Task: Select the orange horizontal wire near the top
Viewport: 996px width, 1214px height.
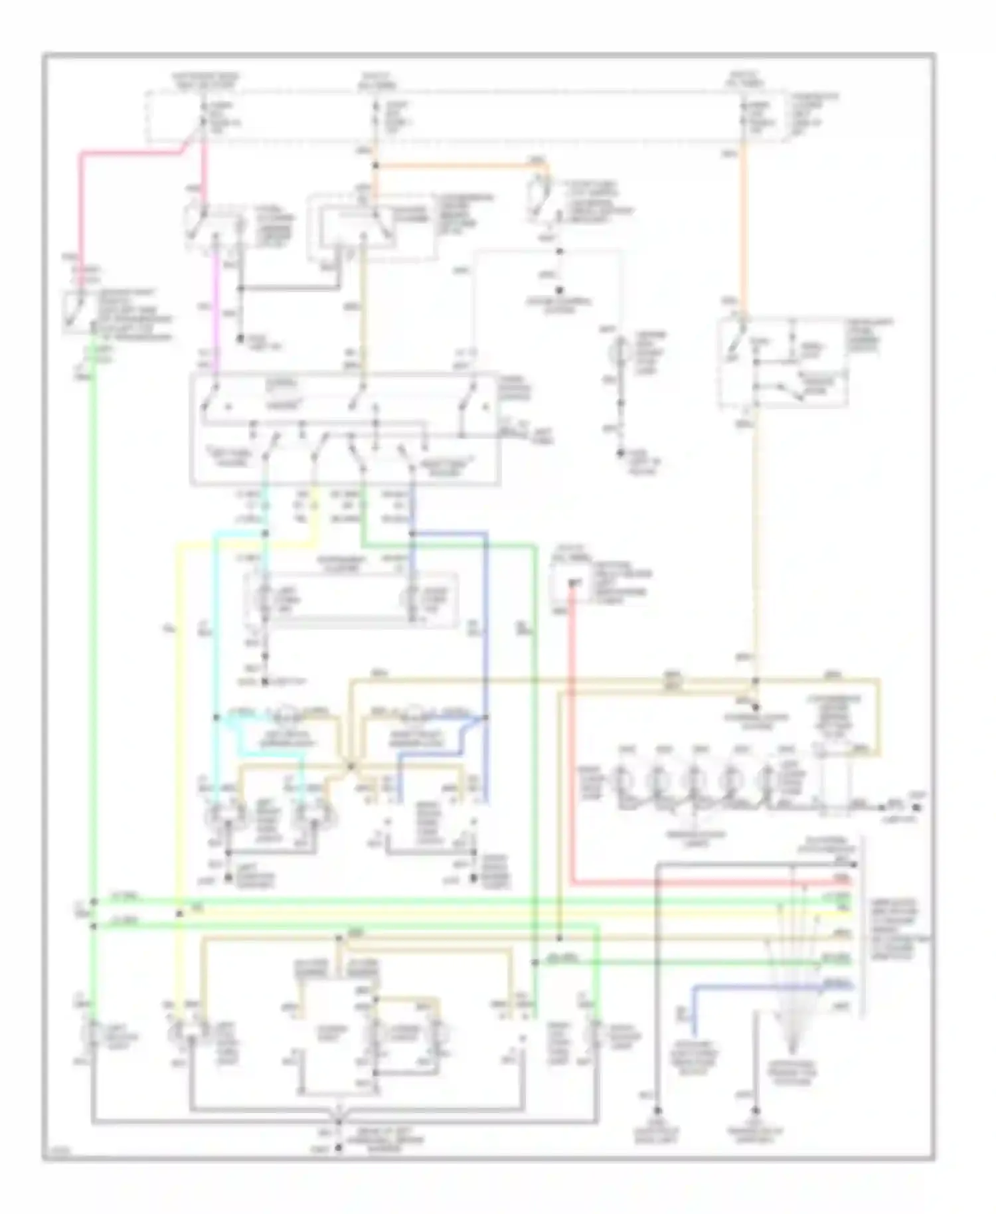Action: [x=458, y=165]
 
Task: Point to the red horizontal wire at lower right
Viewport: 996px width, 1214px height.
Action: [x=697, y=882]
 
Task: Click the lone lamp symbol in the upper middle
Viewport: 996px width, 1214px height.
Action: [x=622, y=348]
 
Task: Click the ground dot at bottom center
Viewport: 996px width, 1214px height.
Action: [x=339, y=1147]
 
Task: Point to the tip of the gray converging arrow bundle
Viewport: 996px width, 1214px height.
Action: [x=791, y=1053]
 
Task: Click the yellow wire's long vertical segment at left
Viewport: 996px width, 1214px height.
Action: [x=178, y=731]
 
